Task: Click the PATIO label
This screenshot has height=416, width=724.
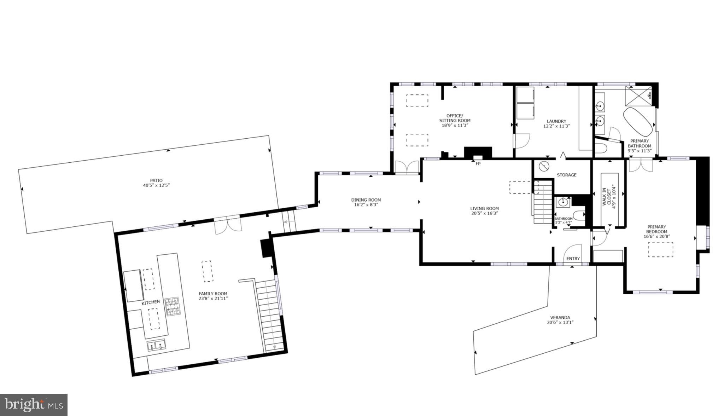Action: click(x=156, y=180)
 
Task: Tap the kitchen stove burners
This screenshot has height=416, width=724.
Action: click(x=173, y=306)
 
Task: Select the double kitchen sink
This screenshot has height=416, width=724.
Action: click(x=156, y=345)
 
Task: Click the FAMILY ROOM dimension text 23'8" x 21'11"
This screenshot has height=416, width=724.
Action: click(x=213, y=299)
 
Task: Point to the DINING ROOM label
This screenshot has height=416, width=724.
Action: click(x=366, y=200)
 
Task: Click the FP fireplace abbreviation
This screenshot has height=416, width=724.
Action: click(x=478, y=164)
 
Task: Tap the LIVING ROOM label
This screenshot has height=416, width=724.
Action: click(x=484, y=208)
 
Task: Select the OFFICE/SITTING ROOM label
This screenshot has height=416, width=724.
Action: click(x=455, y=118)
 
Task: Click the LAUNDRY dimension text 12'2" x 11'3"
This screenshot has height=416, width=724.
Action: click(x=556, y=126)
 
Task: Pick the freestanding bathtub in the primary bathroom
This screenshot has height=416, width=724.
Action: click(x=638, y=122)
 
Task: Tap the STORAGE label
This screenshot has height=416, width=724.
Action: click(x=566, y=175)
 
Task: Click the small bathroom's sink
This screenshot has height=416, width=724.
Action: click(x=562, y=203)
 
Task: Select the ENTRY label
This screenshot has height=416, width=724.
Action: click(x=573, y=259)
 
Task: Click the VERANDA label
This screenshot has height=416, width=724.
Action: click(x=560, y=317)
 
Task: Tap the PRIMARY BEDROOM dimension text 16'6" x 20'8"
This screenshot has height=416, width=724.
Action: click(x=657, y=237)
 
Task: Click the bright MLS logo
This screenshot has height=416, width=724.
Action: click(x=34, y=404)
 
